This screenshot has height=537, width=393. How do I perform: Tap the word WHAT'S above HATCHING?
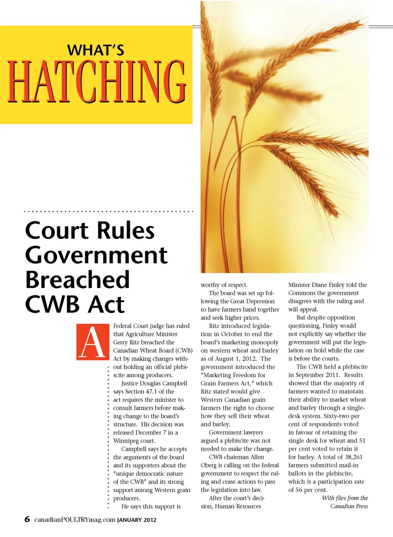95,50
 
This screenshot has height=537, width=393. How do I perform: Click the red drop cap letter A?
93,342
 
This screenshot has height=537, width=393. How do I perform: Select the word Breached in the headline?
77,280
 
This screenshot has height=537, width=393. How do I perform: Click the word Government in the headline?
96,255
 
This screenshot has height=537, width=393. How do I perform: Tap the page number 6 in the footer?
27,519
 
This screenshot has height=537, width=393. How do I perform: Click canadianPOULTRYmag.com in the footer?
75,520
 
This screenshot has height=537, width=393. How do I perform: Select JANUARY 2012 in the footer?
137,520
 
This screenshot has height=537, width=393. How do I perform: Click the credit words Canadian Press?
349,506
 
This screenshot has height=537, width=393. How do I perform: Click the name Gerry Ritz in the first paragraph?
126,342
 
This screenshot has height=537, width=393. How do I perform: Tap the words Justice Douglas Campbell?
154,383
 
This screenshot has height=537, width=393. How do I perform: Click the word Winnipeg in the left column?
126,441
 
